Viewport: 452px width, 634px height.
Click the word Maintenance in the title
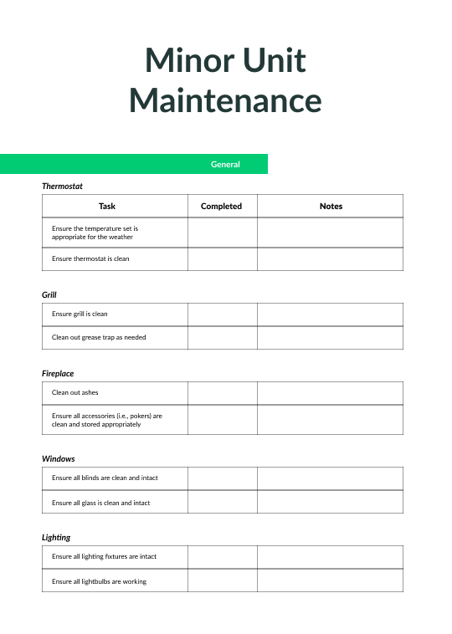click(x=225, y=100)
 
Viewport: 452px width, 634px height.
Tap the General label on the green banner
click(x=225, y=164)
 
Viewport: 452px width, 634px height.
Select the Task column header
click(x=107, y=206)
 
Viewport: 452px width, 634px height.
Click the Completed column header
click(x=222, y=206)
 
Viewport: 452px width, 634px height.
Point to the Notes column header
click(x=331, y=206)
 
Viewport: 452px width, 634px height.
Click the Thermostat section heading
click(x=62, y=187)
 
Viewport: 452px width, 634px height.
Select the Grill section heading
click(x=49, y=295)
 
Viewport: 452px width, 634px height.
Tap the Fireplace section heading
click(x=58, y=374)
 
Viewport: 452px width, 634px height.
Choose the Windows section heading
click(x=59, y=459)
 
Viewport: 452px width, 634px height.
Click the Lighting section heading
click(x=56, y=538)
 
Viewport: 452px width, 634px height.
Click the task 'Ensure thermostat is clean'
click(x=90, y=258)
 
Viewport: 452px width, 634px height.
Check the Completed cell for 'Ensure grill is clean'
click(x=222, y=314)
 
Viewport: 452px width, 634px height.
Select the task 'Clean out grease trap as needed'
click(x=99, y=338)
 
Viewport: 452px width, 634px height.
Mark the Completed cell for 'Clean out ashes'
click(x=222, y=393)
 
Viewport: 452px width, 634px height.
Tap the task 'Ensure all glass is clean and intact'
click(x=101, y=503)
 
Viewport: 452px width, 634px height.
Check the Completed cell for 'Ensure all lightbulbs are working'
click(x=222, y=581)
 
